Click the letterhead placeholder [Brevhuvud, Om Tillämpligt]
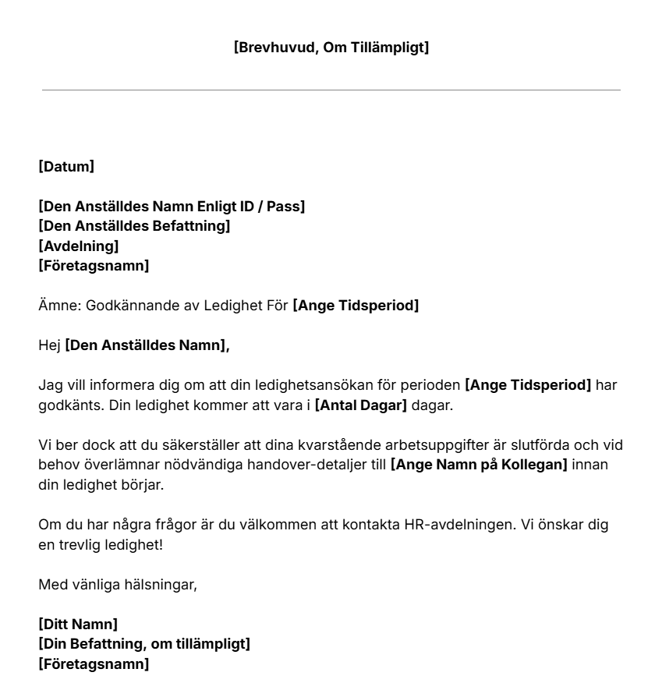[331, 48]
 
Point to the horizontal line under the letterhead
[331, 90]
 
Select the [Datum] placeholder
[66, 166]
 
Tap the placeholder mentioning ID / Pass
[172, 206]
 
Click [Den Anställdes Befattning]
[134, 226]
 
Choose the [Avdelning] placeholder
[79, 246]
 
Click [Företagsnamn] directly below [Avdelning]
[94, 267]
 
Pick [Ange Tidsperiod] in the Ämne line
[356, 306]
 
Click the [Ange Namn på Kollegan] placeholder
[479, 465]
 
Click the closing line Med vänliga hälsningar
[118, 584]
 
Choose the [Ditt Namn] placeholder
[78, 624]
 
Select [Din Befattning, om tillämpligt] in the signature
[144, 644]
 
